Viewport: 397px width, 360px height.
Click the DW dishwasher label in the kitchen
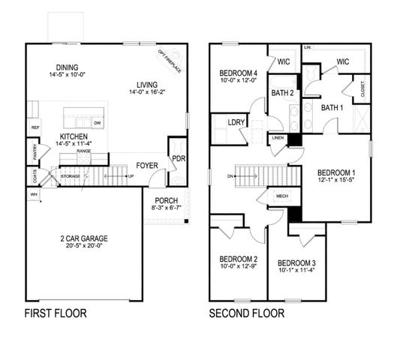[98, 121]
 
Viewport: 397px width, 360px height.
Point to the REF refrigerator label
[35, 128]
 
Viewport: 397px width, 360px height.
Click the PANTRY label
[35, 152]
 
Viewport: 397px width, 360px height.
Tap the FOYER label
[146, 166]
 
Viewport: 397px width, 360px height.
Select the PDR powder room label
[178, 159]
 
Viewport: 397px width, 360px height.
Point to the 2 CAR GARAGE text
[84, 238]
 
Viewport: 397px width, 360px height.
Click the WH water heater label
[33, 193]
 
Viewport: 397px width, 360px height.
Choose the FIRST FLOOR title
[56, 313]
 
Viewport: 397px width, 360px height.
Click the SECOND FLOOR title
[247, 313]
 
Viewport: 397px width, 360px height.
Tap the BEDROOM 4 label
[238, 73]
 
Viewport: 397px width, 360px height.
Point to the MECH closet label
[282, 196]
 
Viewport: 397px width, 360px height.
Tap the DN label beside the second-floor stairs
[229, 178]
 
